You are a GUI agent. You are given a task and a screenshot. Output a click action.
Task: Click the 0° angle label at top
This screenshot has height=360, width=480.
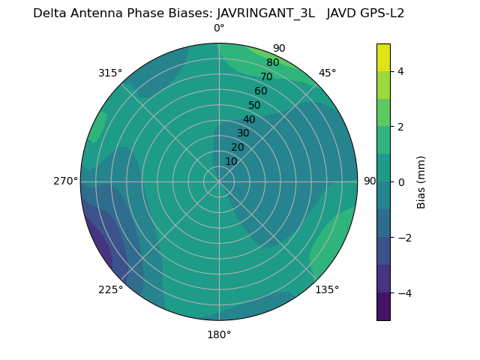pyautogui.click(x=219, y=28)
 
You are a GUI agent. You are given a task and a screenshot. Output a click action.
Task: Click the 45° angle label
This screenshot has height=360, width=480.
pyautogui.click(x=327, y=73)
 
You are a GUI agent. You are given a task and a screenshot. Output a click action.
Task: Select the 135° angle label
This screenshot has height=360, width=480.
pyautogui.click(x=327, y=289)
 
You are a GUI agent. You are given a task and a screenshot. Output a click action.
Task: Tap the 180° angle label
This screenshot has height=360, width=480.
pyautogui.click(x=219, y=334)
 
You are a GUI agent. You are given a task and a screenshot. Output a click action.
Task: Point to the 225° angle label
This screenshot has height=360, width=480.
pyautogui.click(x=110, y=290)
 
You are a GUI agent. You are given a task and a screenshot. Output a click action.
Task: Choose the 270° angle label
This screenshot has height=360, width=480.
pyautogui.click(x=65, y=181)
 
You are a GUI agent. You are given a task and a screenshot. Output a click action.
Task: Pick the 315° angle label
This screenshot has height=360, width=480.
pyautogui.click(x=110, y=73)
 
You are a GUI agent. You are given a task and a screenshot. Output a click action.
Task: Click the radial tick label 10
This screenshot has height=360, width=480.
pyautogui.click(x=231, y=161)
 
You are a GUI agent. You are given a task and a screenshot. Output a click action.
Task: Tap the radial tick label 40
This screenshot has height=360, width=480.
pyautogui.click(x=249, y=120)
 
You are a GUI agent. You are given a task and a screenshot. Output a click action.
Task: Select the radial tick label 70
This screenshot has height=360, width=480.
pyautogui.click(x=266, y=76)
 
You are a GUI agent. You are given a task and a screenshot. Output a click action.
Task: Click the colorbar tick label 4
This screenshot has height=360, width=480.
pyautogui.click(x=401, y=71)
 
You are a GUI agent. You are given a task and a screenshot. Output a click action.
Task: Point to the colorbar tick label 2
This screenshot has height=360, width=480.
pyautogui.click(x=401, y=127)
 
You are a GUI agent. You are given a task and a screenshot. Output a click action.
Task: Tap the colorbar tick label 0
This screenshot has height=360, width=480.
pyautogui.click(x=401, y=181)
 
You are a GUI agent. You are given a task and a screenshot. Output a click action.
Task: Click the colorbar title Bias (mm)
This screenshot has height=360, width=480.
pyautogui.click(x=421, y=181)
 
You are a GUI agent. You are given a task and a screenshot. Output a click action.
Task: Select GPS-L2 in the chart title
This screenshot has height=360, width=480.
pyautogui.click(x=382, y=13)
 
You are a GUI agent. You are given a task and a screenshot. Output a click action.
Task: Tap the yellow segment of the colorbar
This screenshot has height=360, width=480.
pyautogui.click(x=383, y=57)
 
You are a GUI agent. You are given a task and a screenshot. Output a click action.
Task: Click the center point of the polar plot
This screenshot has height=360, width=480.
pyautogui.click(x=219, y=181)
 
